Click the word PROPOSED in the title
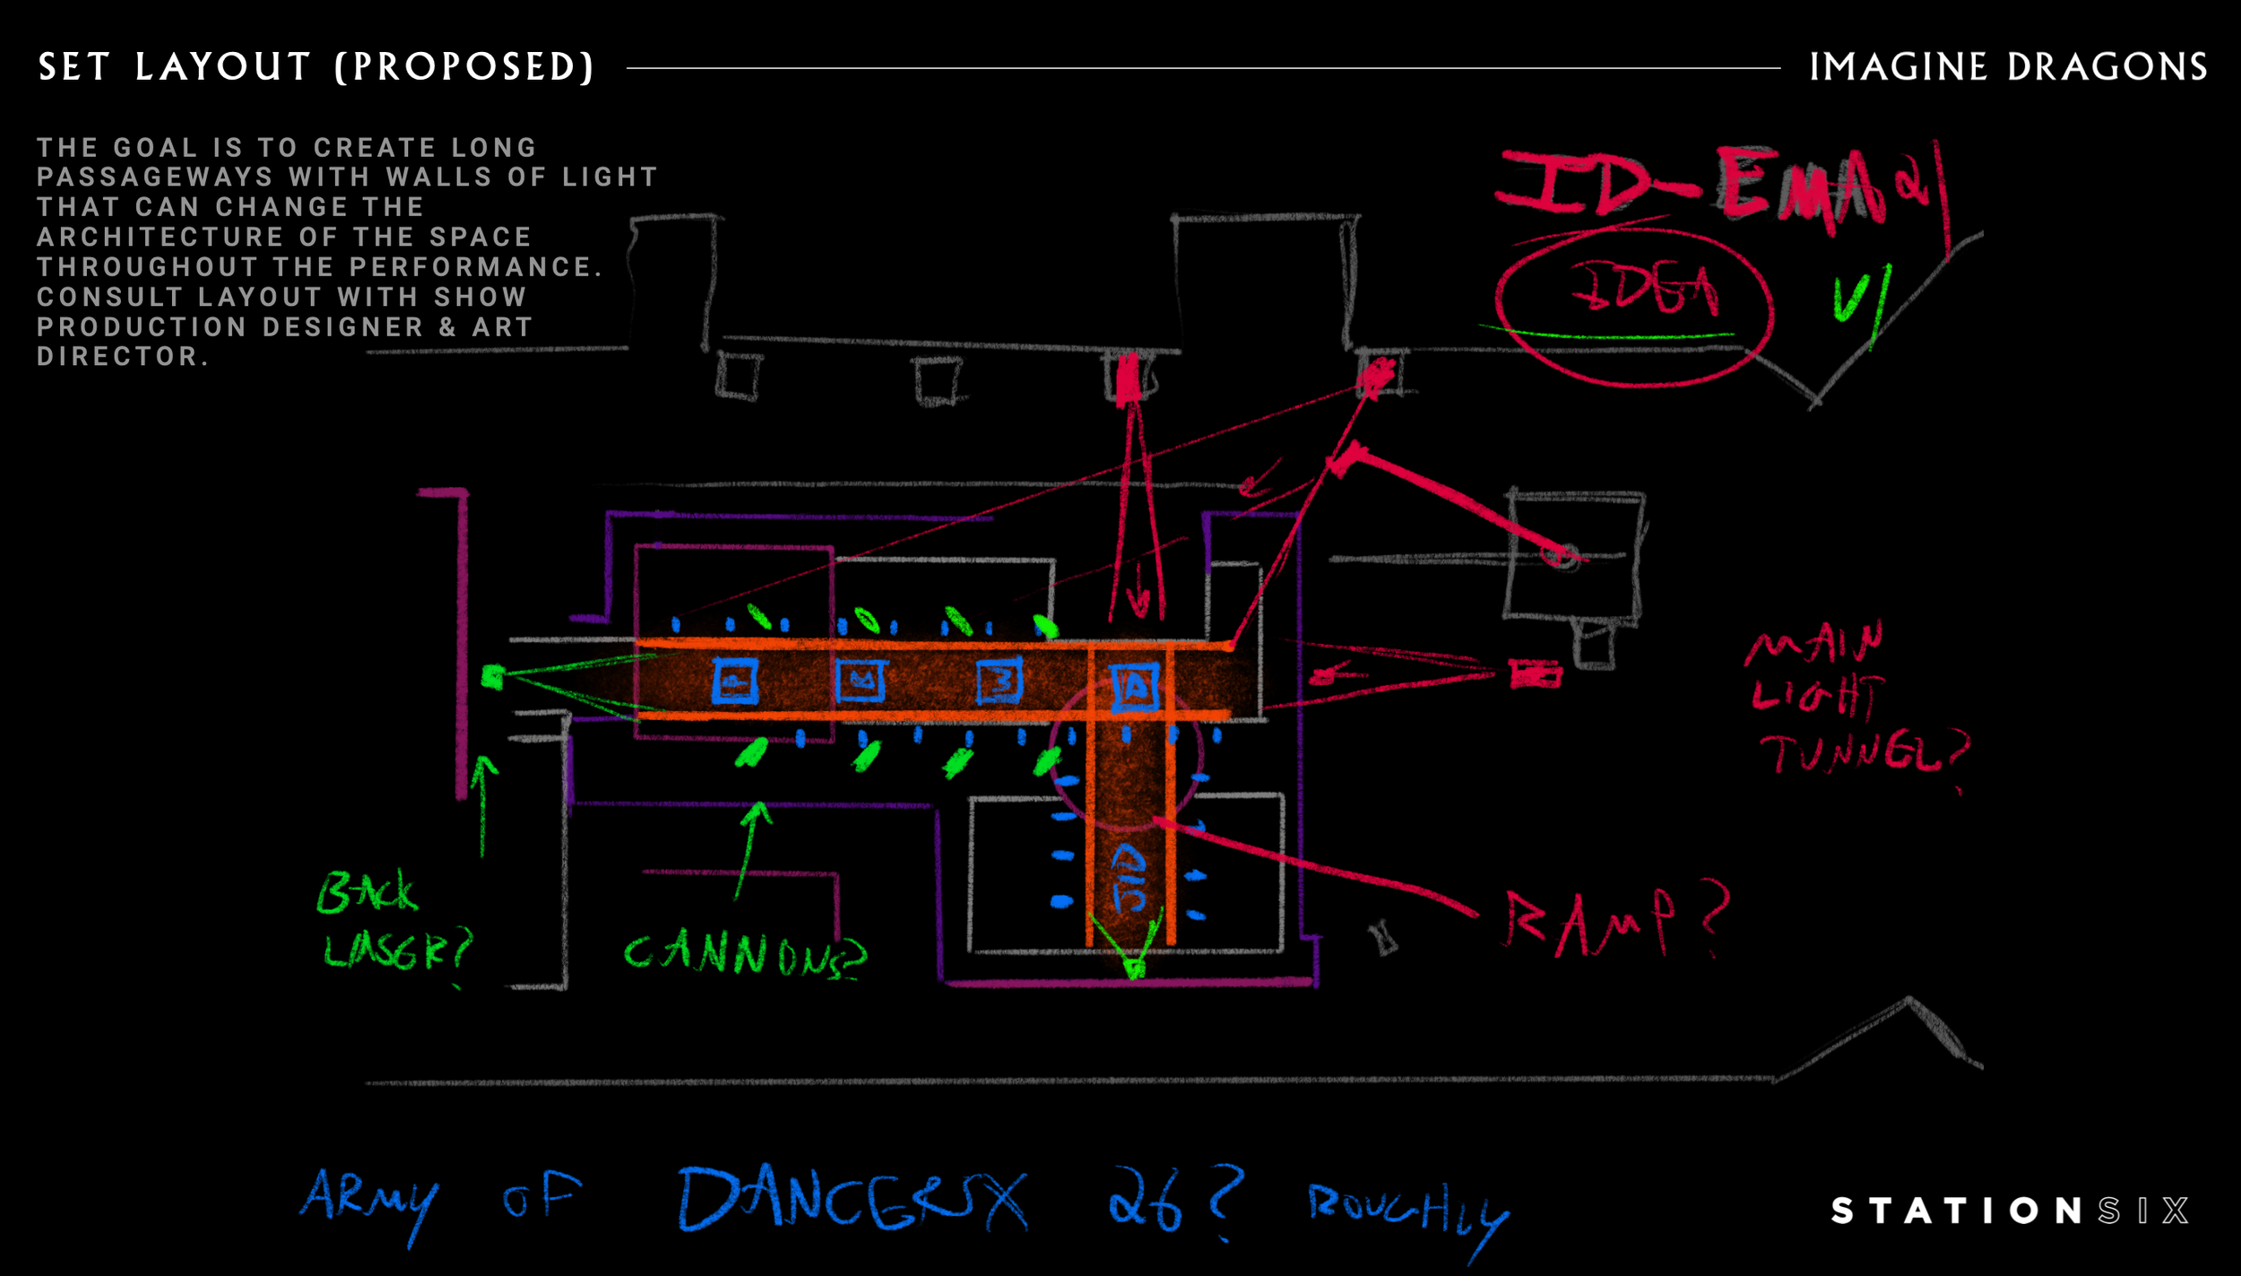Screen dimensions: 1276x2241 [x=464, y=67]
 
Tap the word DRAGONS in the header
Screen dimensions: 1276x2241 [x=2107, y=67]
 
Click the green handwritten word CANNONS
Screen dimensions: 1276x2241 [x=745, y=954]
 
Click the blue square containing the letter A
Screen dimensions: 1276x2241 [x=1135, y=687]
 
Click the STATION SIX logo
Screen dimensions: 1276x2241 [x=2009, y=1211]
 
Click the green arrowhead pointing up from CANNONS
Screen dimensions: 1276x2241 [x=757, y=812]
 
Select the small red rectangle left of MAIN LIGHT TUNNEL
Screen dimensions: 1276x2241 [x=1535, y=673]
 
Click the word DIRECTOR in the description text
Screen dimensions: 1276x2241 [x=117, y=356]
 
